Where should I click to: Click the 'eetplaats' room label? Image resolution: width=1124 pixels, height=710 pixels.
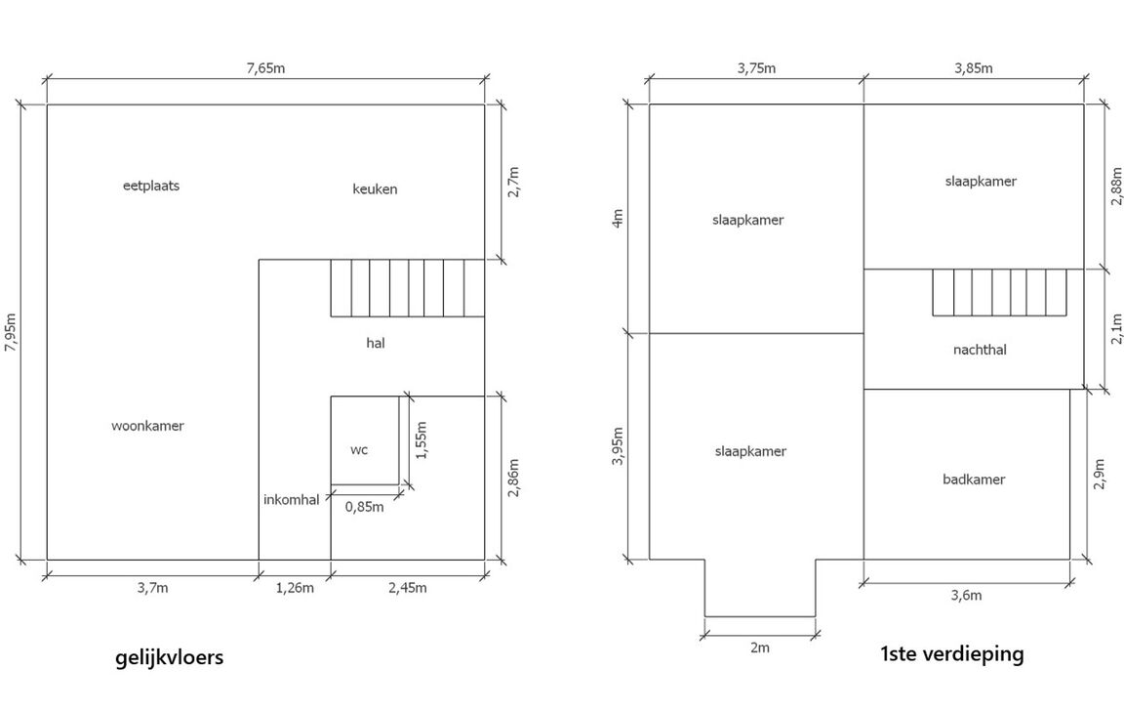point(151,186)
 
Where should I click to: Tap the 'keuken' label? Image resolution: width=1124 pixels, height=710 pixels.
point(375,188)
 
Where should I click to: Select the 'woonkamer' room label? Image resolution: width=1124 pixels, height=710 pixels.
point(147,425)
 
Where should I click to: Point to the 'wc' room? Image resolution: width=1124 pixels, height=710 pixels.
point(359,449)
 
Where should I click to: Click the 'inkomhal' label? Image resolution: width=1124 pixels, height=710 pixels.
point(291,499)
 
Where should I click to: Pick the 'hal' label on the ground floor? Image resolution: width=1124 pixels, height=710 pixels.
point(376,343)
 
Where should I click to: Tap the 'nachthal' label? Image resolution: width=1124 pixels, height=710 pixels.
point(980,350)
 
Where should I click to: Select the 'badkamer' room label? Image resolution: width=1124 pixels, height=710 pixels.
point(974,480)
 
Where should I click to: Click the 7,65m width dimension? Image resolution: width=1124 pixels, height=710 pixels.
point(266,68)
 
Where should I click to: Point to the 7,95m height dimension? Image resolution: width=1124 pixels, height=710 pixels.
point(10,332)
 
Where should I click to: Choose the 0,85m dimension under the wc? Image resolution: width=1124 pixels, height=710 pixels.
point(364,507)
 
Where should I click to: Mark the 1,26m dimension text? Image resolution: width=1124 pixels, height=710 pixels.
point(295,588)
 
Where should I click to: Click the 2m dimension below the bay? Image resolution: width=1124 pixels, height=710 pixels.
point(760,647)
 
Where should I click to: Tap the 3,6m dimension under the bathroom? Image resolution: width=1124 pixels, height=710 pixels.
point(966,596)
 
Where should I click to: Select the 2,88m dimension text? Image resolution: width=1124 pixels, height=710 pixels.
point(1116,187)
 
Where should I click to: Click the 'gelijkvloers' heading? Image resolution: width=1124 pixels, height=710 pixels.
point(169,657)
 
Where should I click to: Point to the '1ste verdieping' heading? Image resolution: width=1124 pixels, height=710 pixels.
point(952,654)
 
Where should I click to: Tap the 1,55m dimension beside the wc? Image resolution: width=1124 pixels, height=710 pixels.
point(421,440)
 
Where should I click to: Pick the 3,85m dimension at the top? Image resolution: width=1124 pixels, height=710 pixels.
point(974,68)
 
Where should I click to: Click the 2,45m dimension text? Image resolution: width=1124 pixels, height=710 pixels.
point(407,588)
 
